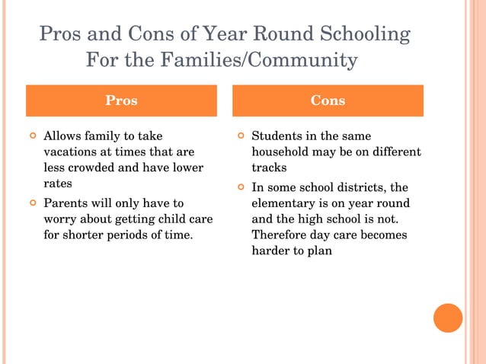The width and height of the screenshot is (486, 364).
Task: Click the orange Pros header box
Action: coord(121,101)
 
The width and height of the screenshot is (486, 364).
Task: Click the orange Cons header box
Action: coord(328,101)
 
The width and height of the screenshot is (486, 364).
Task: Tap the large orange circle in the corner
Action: coord(448,318)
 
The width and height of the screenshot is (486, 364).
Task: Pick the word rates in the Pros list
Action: coord(57,184)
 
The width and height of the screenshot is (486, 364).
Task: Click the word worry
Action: coord(59,219)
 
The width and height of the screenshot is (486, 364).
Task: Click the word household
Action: coord(281,152)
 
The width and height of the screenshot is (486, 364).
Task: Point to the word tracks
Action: coord(269,168)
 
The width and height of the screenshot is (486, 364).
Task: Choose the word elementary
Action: coord(285,203)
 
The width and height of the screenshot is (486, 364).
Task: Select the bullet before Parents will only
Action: coord(32,203)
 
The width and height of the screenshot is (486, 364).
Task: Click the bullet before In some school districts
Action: coord(240,187)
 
